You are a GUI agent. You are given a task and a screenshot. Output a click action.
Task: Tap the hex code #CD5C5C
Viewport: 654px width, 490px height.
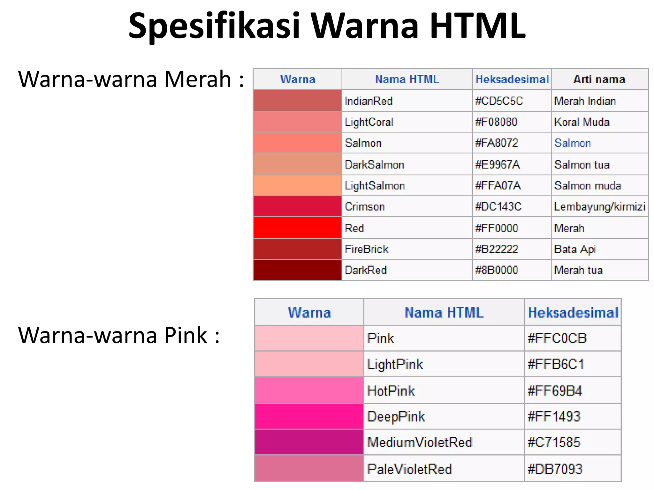coord(499,101)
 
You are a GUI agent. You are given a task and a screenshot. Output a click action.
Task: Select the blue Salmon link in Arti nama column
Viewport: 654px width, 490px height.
coord(573,143)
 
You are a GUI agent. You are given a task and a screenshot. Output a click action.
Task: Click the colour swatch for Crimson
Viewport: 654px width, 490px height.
coord(297,206)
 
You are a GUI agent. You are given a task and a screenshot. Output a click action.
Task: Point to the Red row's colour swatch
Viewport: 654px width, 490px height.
coord(297,228)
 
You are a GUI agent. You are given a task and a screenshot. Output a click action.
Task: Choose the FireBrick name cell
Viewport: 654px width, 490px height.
coord(367,249)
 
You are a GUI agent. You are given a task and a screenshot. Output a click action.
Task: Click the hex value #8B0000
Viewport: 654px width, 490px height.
coord(496,270)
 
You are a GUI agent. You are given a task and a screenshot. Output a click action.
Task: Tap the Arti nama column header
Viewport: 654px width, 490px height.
coord(599,79)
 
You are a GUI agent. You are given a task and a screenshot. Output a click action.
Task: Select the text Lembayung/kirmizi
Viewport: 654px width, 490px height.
coord(599,207)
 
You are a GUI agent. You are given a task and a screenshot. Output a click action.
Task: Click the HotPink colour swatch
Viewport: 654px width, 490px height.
coord(309,390)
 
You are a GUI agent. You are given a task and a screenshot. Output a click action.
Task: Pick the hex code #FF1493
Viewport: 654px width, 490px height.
coord(554,417)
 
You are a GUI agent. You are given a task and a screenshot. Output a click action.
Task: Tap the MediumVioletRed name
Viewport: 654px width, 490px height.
coord(420,442)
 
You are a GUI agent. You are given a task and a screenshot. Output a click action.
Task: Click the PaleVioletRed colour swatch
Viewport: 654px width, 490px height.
coord(309,468)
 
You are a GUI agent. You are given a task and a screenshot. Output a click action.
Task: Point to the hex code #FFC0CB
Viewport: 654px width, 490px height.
coord(557,338)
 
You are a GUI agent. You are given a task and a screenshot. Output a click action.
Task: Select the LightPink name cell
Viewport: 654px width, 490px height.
coord(395,364)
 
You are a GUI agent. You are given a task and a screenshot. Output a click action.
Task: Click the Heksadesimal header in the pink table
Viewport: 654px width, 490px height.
coord(573,313)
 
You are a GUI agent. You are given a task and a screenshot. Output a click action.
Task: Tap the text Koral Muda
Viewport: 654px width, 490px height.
coord(582,122)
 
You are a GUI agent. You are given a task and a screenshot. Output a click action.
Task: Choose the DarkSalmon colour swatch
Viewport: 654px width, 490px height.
coord(297,164)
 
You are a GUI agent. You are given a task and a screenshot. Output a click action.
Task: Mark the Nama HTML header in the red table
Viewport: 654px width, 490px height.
coord(407,79)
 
